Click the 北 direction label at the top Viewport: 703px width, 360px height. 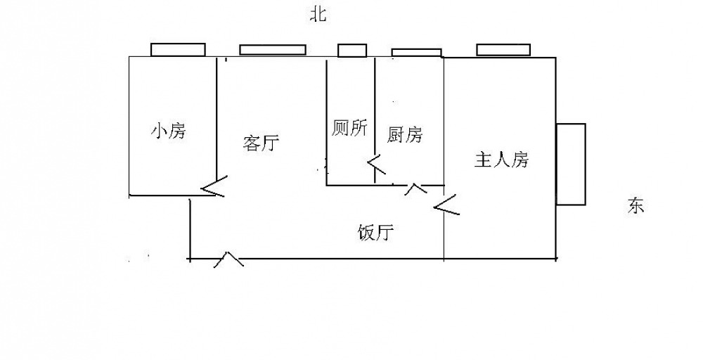point(318,15)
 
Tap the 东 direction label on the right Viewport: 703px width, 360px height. point(636,206)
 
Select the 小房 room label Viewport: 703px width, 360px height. point(169,131)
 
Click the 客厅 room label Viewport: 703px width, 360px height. point(261,143)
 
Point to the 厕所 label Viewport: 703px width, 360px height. point(349,129)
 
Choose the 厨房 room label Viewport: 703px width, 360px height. point(405,134)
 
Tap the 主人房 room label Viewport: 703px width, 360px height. point(501,160)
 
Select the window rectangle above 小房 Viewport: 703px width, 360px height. point(179,50)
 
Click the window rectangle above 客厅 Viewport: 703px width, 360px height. point(273,50)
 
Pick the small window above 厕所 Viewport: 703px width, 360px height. point(352,50)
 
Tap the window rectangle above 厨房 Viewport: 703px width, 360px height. point(416,52)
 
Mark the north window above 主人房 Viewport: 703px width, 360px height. point(503,49)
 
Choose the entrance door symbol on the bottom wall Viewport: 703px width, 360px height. point(228,259)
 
